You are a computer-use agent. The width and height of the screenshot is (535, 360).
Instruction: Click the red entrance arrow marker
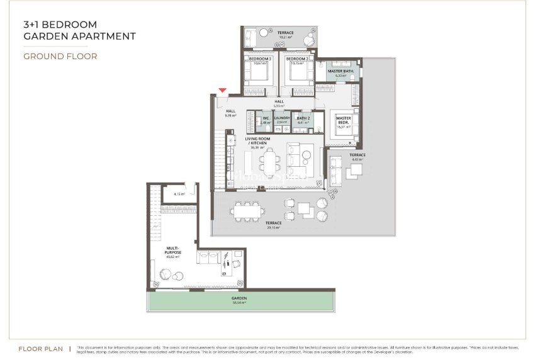(x=222, y=91)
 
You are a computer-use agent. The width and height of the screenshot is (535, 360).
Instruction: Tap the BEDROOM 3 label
(x=260, y=59)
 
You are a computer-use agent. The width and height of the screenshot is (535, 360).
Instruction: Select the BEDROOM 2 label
(x=296, y=59)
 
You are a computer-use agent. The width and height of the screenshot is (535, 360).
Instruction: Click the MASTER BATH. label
(x=341, y=71)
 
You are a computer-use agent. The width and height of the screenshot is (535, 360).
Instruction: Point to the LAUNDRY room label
(x=282, y=118)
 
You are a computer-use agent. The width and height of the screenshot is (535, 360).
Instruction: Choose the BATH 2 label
(x=303, y=118)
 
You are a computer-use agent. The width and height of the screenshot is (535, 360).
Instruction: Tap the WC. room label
(x=266, y=118)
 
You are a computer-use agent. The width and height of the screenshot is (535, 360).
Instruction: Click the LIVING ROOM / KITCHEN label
(x=256, y=141)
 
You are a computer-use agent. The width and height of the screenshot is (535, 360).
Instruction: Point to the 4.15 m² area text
(x=179, y=194)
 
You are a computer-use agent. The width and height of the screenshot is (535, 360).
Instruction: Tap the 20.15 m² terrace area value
(x=273, y=227)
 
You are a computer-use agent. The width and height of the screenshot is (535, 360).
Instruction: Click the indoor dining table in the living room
(x=271, y=164)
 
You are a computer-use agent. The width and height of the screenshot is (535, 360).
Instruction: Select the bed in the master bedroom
(x=342, y=124)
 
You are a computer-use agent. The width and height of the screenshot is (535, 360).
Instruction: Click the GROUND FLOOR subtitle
(x=60, y=56)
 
